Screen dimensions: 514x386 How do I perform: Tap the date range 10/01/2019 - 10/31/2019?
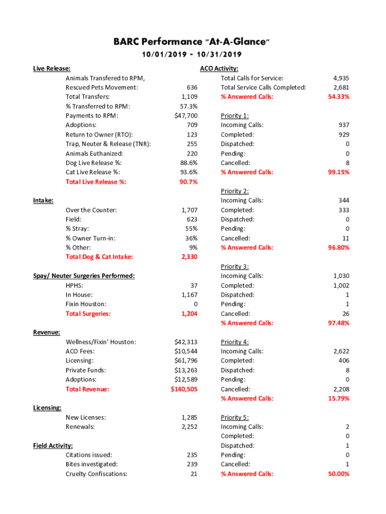pyautogui.click(x=192, y=54)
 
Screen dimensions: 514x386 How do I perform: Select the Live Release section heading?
pyautogui.click(x=52, y=69)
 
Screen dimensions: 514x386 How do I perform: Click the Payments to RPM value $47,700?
pyautogui.click(x=186, y=116)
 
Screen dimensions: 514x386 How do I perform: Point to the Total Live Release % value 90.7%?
pyautogui.click(x=188, y=182)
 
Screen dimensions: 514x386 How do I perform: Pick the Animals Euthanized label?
pyautogui.click(x=94, y=154)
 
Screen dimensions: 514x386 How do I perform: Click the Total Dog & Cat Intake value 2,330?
pyautogui.click(x=189, y=257)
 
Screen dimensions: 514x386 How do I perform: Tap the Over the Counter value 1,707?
pyautogui.click(x=189, y=210)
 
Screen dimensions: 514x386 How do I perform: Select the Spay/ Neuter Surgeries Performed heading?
pyautogui.click(x=84, y=276)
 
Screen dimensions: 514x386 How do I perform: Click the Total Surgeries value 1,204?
pyautogui.click(x=189, y=314)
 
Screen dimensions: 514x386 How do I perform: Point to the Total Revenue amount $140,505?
pyautogui.click(x=184, y=389)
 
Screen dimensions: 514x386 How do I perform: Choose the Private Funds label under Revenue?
pyautogui.click(x=86, y=370)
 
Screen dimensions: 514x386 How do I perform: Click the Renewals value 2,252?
pyautogui.click(x=189, y=427)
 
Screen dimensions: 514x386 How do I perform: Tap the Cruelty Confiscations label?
pyautogui.click(x=96, y=474)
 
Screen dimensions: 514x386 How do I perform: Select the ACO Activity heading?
pyautogui.click(x=219, y=69)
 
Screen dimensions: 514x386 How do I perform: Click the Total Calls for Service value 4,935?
pyautogui.click(x=341, y=78)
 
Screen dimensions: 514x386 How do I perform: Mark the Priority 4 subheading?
pyautogui.click(x=235, y=342)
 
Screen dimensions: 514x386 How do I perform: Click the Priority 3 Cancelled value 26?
pyautogui.click(x=345, y=314)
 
